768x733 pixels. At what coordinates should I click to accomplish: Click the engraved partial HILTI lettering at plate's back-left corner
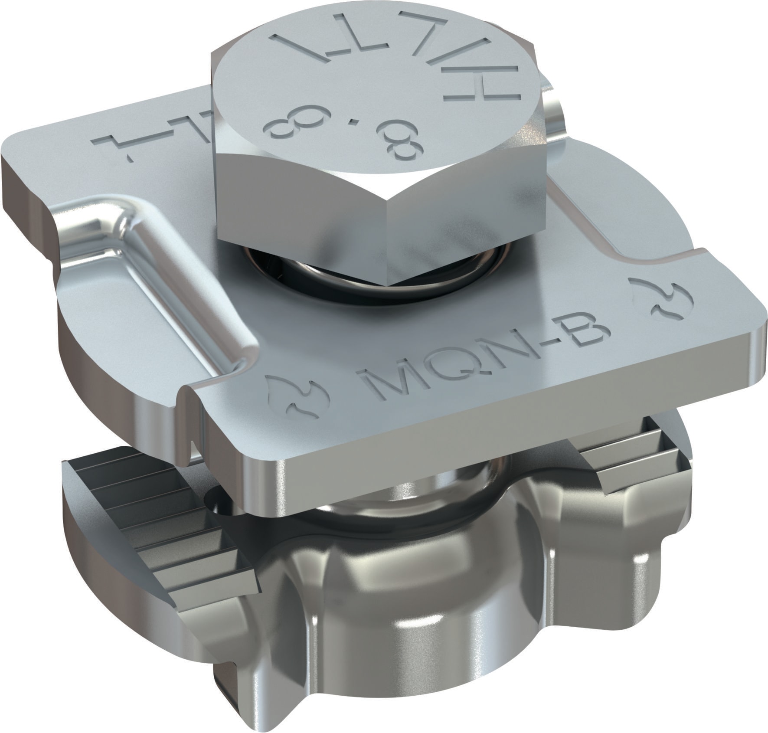[143, 147]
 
